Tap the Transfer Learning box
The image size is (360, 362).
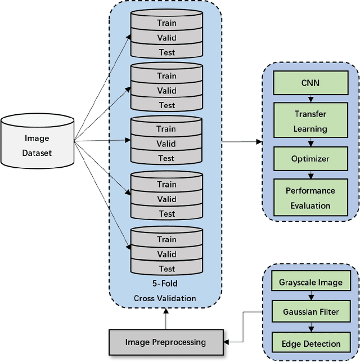point(310,121)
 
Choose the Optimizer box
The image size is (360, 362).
point(310,159)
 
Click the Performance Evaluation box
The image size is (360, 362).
point(310,198)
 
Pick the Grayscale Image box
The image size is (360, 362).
point(310,283)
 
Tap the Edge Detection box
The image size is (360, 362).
point(310,343)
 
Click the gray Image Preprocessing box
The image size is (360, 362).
point(165,342)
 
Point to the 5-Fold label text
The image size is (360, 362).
point(166,284)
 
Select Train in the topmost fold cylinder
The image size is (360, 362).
point(166,24)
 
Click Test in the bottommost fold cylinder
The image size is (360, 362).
point(166,269)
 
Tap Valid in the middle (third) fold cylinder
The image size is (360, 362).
point(166,144)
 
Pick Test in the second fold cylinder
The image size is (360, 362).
point(166,105)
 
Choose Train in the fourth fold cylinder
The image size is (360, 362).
point(166,184)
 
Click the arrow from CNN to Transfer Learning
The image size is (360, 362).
point(310,99)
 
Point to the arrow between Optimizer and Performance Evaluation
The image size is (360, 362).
point(310,175)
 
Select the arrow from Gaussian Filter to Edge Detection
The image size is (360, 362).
point(310,328)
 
